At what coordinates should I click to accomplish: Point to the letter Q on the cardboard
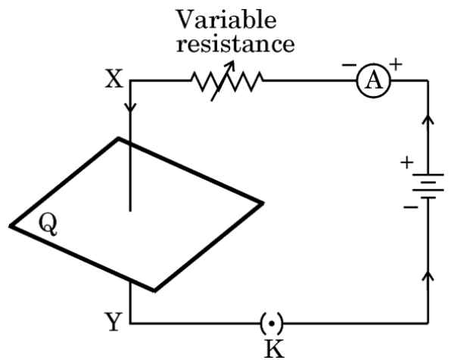pyautogui.click(x=47, y=225)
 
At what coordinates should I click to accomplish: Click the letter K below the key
pyautogui.click(x=271, y=349)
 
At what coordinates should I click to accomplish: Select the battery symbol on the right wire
pyautogui.click(x=429, y=187)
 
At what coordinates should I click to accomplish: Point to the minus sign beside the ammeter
pyautogui.click(x=347, y=67)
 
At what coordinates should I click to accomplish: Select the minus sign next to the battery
pyautogui.click(x=409, y=207)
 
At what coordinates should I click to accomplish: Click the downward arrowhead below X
pyautogui.click(x=132, y=107)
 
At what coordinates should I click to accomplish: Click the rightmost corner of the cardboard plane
pyautogui.click(x=262, y=203)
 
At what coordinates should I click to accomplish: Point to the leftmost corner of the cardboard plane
pyautogui.click(x=11, y=225)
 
